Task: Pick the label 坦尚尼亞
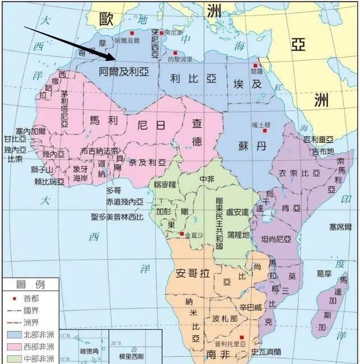[x=276, y=239]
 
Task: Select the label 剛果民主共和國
[x=219, y=223]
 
